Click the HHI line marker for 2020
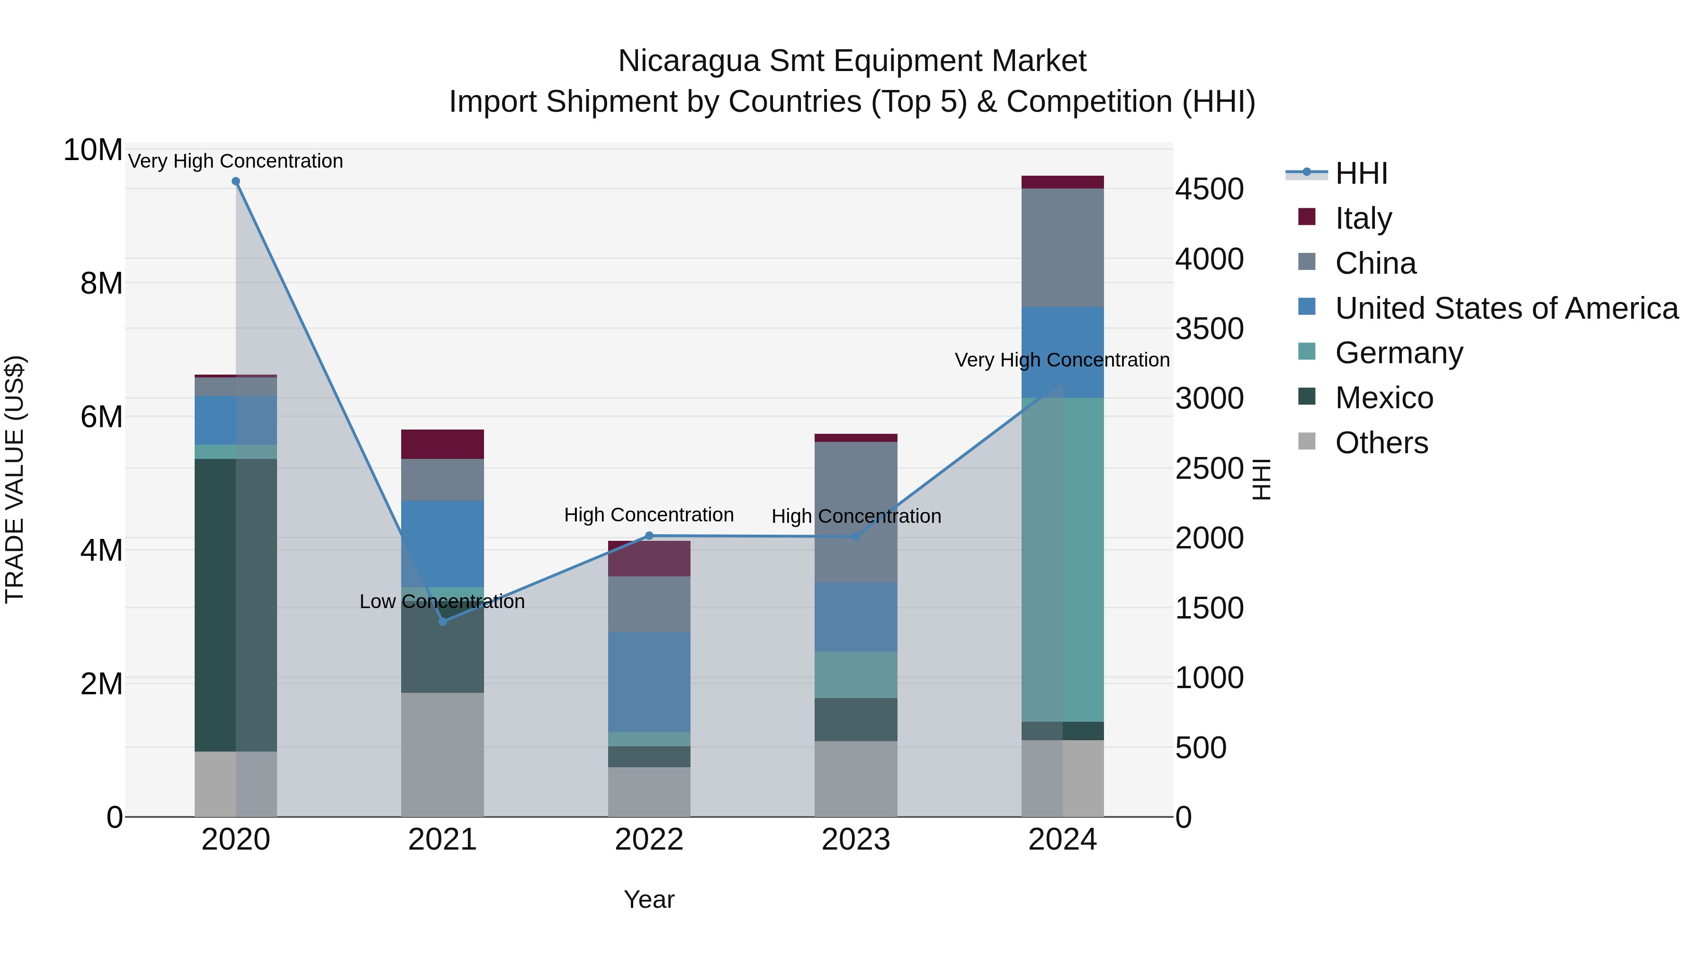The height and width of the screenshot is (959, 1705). (236, 181)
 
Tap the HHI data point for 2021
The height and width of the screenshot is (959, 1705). (443, 621)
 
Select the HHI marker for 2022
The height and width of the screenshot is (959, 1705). (649, 536)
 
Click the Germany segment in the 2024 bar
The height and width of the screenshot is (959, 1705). (1062, 559)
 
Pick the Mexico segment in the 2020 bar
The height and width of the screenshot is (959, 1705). (236, 604)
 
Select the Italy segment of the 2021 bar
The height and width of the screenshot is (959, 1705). (442, 444)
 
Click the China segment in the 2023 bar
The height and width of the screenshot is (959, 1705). (856, 511)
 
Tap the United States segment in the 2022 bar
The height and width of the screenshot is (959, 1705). (649, 681)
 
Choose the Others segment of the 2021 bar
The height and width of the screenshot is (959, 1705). (442, 754)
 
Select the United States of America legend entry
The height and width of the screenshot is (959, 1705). (1506, 308)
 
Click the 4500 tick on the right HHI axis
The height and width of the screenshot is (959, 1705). (1209, 189)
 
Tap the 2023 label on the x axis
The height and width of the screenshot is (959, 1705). (856, 839)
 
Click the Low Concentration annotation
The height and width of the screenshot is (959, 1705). (442, 601)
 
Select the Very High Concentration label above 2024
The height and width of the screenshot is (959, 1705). (1062, 359)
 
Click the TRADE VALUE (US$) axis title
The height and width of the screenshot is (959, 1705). (15, 479)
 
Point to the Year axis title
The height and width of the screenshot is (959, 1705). (649, 899)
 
